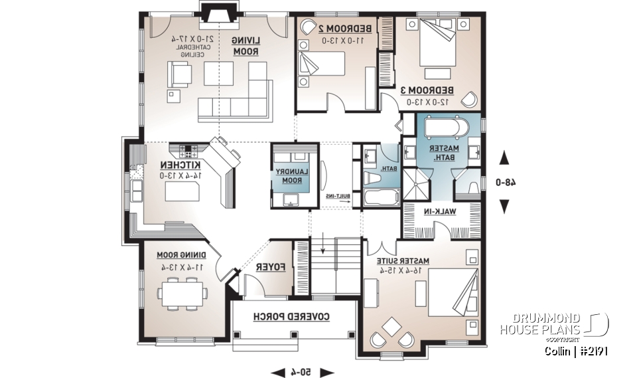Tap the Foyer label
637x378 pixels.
coord(271,267)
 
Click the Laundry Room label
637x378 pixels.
coord(289,175)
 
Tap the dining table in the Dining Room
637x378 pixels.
coord(180,292)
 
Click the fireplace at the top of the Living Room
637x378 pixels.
coord(217,14)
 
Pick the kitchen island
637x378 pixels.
coord(182,193)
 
